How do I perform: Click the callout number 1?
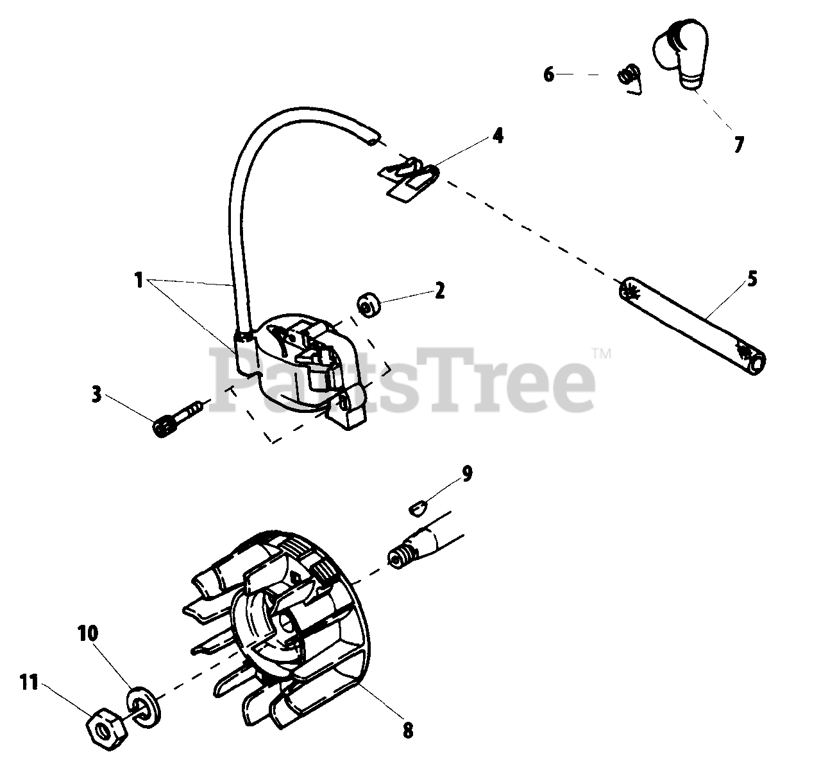tap(139, 280)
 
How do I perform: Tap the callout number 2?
tap(439, 290)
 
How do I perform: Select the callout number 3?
tap(96, 394)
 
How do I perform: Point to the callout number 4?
tap(498, 136)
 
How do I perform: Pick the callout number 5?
tap(752, 279)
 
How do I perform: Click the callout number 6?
tap(549, 74)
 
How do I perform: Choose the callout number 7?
tap(738, 144)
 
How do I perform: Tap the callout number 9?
tap(467, 474)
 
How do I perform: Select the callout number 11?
tap(30, 684)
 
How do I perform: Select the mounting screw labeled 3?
tap(178, 415)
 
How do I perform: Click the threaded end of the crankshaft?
tap(400, 555)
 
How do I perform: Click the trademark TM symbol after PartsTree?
tap(601, 353)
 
